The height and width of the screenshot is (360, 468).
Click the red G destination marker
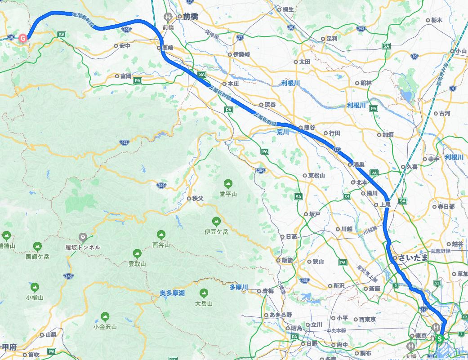point(23,38)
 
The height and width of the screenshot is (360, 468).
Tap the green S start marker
point(440,338)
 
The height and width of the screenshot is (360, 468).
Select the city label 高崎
point(168,47)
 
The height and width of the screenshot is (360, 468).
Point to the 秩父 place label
point(198,198)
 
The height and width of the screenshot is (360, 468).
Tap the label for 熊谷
point(309,128)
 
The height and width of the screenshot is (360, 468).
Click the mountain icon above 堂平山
point(228,184)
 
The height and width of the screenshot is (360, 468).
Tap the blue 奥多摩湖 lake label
point(172,293)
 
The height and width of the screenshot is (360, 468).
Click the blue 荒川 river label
point(282,132)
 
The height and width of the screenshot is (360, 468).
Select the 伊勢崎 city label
point(241,54)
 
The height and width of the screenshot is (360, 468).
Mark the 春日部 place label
point(446,207)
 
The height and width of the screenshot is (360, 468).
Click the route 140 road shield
point(68,276)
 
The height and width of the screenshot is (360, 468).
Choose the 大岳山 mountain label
point(204,303)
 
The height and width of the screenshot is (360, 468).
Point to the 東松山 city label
point(316,175)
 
